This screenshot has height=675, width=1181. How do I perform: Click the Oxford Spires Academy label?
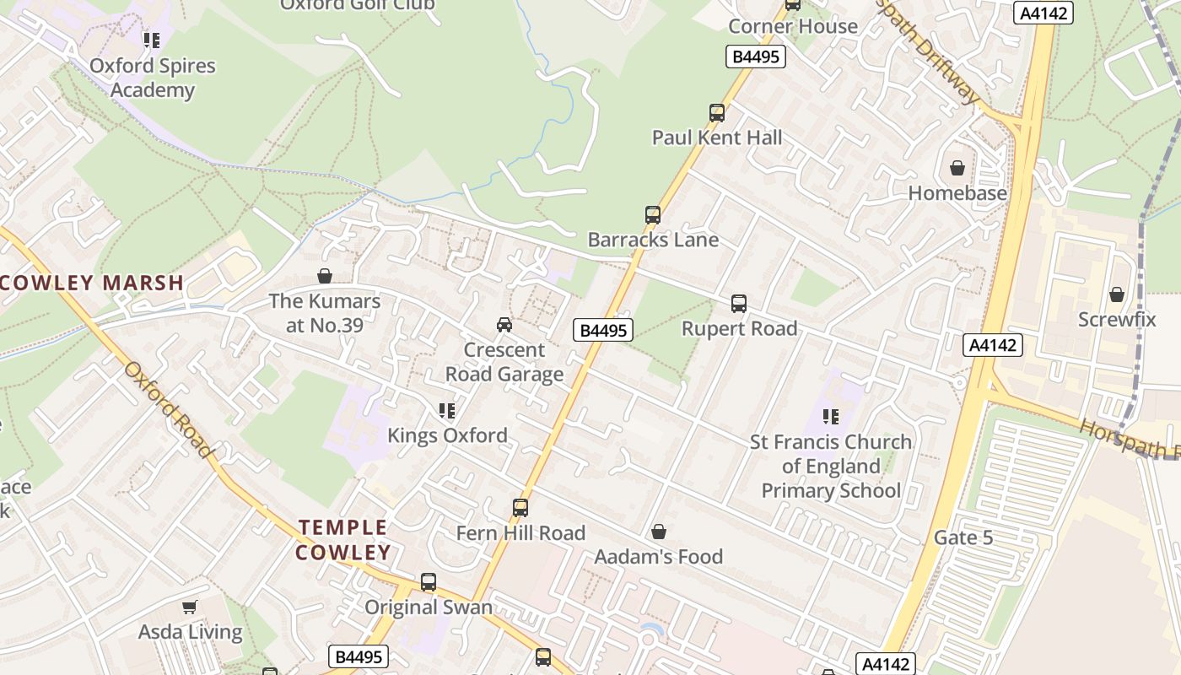[x=153, y=78]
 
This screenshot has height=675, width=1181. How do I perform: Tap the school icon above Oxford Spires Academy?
[x=152, y=40]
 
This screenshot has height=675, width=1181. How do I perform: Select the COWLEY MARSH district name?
[x=92, y=283]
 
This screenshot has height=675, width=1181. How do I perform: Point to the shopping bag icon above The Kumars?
[x=325, y=276]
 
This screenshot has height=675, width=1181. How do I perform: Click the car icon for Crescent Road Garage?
[x=504, y=325]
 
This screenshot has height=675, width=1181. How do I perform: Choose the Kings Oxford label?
[x=447, y=435]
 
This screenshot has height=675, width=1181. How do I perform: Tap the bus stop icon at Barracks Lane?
[x=653, y=215]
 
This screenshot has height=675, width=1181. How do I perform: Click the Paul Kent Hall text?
[x=717, y=138]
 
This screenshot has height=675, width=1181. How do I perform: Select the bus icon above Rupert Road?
[x=739, y=304]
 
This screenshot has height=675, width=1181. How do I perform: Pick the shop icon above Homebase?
[x=957, y=168]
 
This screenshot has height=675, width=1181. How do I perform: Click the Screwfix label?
[x=1116, y=320]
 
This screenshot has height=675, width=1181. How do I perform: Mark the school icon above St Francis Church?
[x=831, y=416]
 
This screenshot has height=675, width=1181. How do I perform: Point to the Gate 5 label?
[x=963, y=537]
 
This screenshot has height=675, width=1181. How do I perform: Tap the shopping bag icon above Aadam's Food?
[x=659, y=532]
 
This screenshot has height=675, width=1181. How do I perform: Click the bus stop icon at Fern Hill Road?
[x=520, y=508]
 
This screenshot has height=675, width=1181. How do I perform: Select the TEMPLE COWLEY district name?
[x=343, y=540]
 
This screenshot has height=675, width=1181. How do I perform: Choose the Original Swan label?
[x=428, y=607]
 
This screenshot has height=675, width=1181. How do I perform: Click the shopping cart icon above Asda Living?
[x=190, y=607]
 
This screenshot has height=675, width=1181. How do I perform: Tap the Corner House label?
[x=793, y=26]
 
